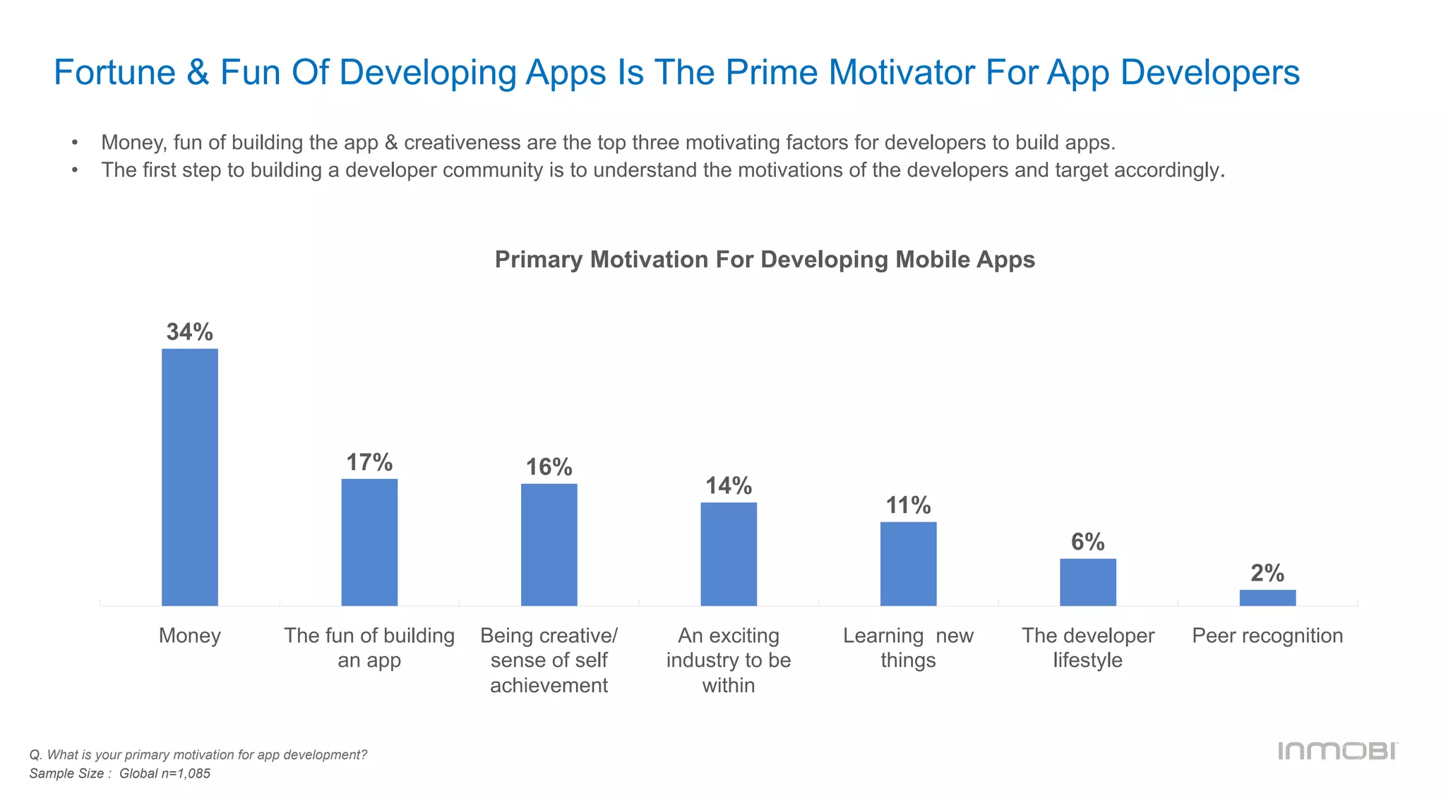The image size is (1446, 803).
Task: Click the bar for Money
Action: [x=189, y=477]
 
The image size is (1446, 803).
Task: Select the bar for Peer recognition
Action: [x=1267, y=598]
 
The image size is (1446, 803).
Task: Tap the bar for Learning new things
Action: [x=908, y=564]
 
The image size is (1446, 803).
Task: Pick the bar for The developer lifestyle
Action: [x=1087, y=582]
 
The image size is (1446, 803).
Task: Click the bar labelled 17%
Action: [x=369, y=542]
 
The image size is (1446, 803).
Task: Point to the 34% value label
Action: [x=189, y=332]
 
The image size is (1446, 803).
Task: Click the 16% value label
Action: [x=549, y=467]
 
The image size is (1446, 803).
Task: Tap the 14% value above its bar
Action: [x=729, y=485]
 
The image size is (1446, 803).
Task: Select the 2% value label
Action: [x=1267, y=573]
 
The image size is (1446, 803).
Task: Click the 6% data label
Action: [x=1087, y=542]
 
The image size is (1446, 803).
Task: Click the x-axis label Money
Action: [x=189, y=636]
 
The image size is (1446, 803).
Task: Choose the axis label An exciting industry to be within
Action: [x=729, y=660]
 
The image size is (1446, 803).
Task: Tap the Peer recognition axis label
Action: [x=1267, y=636]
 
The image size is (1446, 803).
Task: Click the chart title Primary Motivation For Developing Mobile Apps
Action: [x=765, y=260]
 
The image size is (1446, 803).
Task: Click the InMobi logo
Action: [x=1337, y=751]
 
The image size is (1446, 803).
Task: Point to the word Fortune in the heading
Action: [x=114, y=73]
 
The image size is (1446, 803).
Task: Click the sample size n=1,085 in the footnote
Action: [x=185, y=773]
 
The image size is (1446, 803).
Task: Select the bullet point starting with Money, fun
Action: [x=607, y=143]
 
